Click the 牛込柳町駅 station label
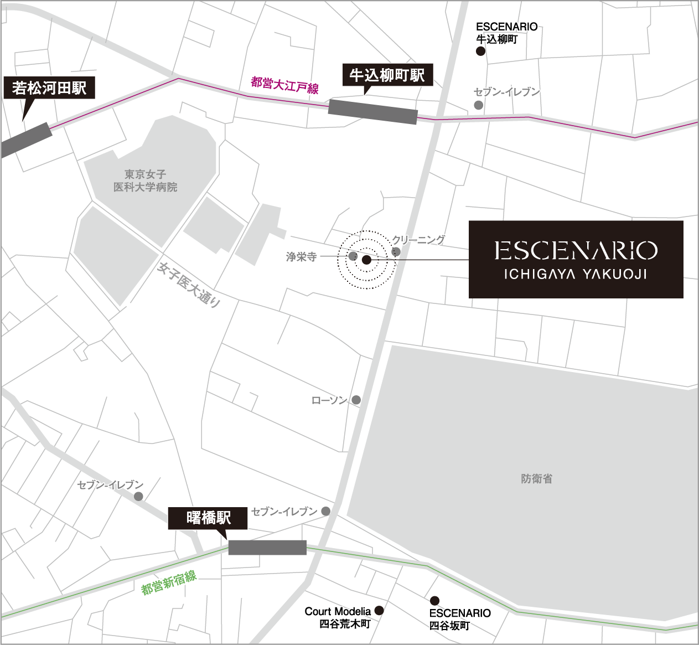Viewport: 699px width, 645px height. (387, 75)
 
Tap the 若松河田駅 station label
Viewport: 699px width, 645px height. (49, 87)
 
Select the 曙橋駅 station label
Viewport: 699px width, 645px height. (209, 518)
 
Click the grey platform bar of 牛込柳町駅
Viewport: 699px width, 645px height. (372, 112)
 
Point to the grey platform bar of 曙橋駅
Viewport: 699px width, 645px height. (267, 548)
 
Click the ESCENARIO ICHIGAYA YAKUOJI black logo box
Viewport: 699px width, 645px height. (576, 259)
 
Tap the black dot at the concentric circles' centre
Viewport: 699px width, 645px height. (366, 260)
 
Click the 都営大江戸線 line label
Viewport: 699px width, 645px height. (284, 85)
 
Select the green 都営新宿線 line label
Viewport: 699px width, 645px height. (169, 582)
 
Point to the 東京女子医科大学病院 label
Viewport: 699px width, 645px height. (146, 181)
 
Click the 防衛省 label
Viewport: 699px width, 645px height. (536, 479)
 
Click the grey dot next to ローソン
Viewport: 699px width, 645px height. (356, 400)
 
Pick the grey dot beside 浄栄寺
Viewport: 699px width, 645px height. (353, 256)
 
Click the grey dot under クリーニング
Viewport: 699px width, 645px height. (396, 252)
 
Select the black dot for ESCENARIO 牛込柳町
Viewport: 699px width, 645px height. (480, 51)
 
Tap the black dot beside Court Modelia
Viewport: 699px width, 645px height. (379, 611)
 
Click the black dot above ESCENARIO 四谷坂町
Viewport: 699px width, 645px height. (435, 601)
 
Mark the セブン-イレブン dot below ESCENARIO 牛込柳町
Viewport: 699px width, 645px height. (479, 105)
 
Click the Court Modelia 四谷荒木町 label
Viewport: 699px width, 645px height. (338, 617)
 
